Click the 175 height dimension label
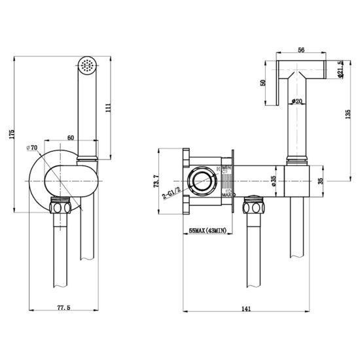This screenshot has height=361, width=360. pos(12,135)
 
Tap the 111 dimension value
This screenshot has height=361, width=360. pos(108,107)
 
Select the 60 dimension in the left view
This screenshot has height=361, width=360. pos(71,137)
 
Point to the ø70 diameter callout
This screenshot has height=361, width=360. pos(32,148)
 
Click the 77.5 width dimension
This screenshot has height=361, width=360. pos(63,307)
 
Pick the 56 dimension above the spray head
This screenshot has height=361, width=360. pos(301,50)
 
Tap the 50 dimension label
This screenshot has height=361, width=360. pos(262,82)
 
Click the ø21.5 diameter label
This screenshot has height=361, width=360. pos(340,69)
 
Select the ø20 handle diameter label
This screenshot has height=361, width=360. pos(297,101)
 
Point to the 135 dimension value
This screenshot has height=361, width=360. pos(348,114)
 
